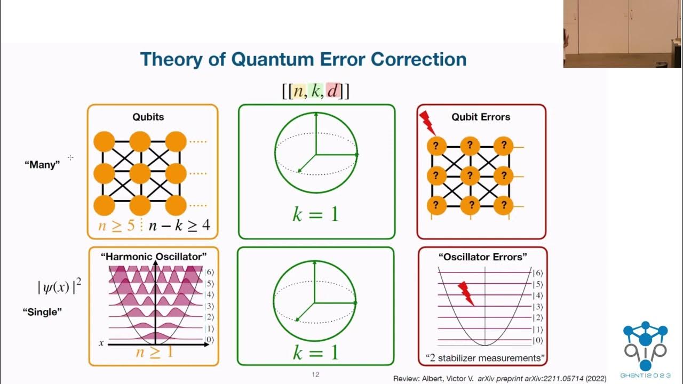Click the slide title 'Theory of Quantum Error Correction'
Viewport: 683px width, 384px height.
(x=303, y=59)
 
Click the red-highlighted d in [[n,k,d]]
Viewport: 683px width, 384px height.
(x=333, y=91)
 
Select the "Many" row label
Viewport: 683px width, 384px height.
(x=42, y=165)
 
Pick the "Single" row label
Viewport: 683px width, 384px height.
(x=42, y=312)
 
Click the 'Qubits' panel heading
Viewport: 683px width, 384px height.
(x=148, y=117)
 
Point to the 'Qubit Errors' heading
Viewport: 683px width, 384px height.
(x=481, y=117)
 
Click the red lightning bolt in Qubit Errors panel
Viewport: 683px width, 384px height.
(x=427, y=123)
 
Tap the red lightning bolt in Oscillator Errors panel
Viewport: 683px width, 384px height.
(x=466, y=293)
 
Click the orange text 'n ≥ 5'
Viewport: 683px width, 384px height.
(x=116, y=226)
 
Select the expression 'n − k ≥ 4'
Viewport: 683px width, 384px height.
(x=179, y=226)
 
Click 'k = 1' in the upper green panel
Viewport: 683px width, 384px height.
(x=316, y=214)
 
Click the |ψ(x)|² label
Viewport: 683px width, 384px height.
(x=59, y=287)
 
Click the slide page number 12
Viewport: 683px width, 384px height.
(x=315, y=374)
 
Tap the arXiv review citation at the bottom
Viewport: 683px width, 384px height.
(x=499, y=378)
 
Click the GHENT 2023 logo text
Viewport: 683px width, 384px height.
(x=645, y=375)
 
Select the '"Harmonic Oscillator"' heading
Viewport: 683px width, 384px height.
(x=154, y=257)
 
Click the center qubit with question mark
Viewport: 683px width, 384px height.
(x=470, y=175)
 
